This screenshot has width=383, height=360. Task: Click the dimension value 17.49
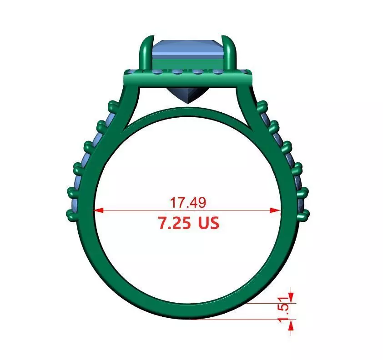[188, 202]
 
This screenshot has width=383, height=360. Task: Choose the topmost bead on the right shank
[262, 107]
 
